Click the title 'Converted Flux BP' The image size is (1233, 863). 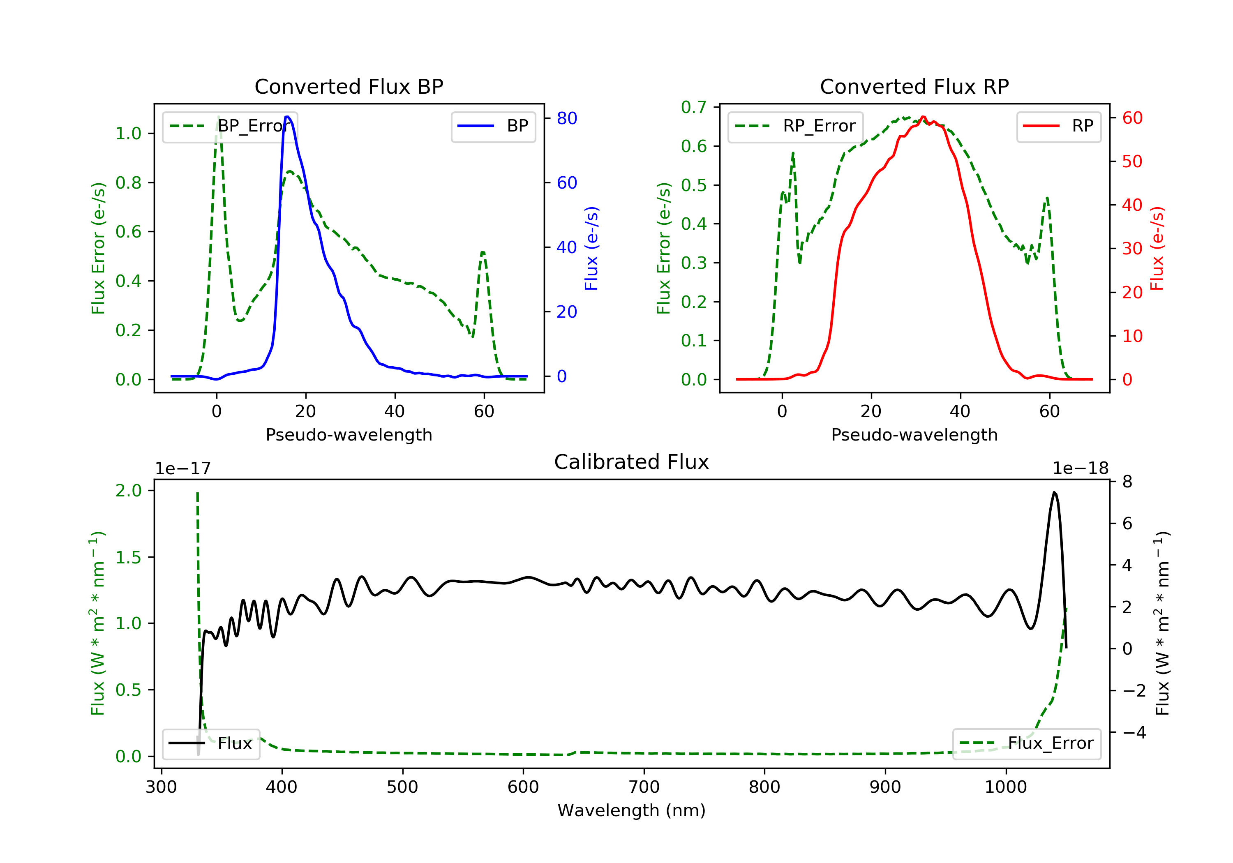coord(349,86)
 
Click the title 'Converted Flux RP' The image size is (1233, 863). coord(914,86)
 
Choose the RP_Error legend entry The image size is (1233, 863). coord(795,126)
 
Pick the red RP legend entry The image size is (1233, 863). coord(1058,126)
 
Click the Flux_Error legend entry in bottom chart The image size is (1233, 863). coord(1026,743)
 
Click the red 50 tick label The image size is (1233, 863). coord(1132,162)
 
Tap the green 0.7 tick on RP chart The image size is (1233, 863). coord(693,107)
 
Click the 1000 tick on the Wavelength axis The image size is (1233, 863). coord(1005,787)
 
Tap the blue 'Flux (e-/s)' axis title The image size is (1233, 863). coord(591,248)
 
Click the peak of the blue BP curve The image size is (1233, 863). coord(288,117)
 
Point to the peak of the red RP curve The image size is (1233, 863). coord(923,117)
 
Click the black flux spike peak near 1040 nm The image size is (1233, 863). coord(1054,492)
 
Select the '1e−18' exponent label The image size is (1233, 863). coord(1081,468)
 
